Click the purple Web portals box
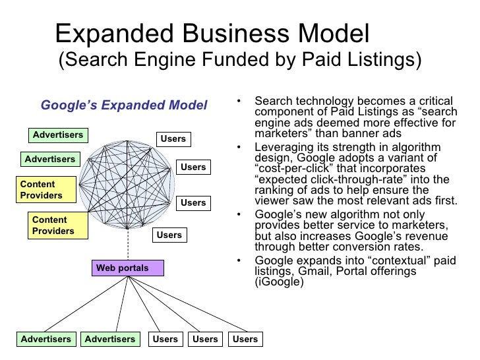[x=122, y=268]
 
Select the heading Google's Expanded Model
[x=124, y=105]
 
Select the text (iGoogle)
[x=279, y=283]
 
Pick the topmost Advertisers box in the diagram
[x=58, y=135]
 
